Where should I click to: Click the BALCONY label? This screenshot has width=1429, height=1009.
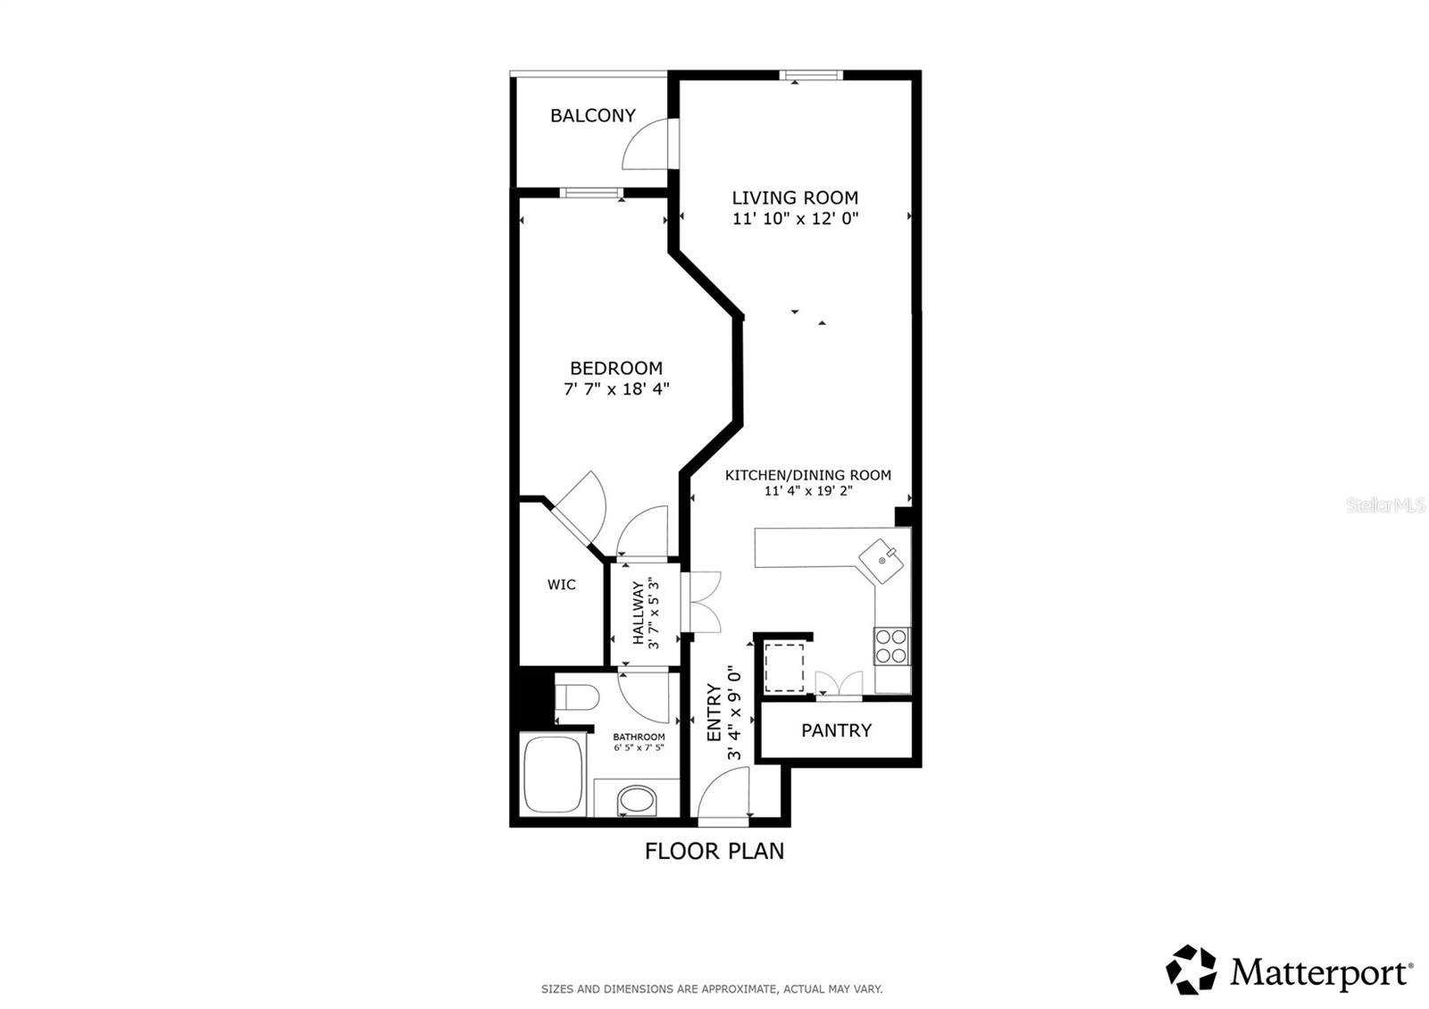click(592, 115)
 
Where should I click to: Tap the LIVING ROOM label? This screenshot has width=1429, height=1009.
click(795, 197)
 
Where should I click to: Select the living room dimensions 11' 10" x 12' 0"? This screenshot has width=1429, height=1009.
click(795, 219)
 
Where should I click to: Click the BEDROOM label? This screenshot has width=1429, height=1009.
click(616, 368)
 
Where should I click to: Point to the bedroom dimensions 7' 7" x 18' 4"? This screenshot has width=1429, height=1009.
click(616, 389)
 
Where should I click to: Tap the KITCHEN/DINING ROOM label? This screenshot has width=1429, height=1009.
click(807, 475)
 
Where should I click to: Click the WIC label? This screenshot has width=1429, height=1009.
click(561, 585)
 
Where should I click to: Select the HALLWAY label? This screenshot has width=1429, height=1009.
click(639, 613)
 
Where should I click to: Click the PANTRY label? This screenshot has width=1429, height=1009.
click(836, 730)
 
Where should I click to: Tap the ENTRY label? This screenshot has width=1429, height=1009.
click(714, 713)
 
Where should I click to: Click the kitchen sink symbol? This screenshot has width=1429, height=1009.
click(882, 561)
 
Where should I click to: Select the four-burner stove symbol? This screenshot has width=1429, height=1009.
click(891, 646)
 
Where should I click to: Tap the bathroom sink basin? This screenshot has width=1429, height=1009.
click(637, 800)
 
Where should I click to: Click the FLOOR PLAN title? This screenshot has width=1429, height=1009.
click(714, 851)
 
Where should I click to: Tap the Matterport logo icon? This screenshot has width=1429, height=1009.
click(1191, 970)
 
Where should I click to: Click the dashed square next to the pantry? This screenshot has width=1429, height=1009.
click(784, 665)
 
